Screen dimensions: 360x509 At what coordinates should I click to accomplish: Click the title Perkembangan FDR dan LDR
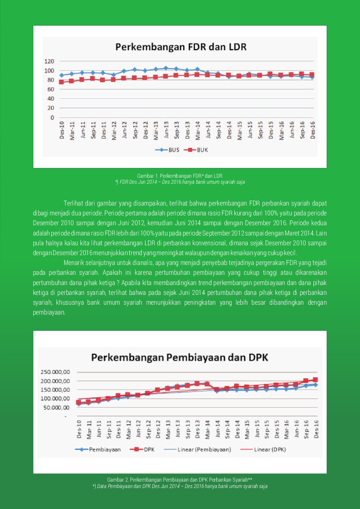[x=181, y=47]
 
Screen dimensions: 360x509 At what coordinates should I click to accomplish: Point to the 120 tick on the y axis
[x=49, y=61]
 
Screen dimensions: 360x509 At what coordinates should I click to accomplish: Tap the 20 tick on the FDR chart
[x=51, y=108]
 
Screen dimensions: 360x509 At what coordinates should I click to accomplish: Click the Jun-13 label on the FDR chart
[x=166, y=130]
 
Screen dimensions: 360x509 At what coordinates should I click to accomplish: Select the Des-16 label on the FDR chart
[x=313, y=130]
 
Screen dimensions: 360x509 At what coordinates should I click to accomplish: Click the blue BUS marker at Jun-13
[x=166, y=68]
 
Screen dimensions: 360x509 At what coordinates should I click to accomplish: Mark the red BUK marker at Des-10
[x=61, y=82]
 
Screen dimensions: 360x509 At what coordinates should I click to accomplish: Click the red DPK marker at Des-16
[x=315, y=380]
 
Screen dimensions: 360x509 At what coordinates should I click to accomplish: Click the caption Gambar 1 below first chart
[x=180, y=176]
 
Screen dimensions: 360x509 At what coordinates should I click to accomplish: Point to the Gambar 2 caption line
[x=180, y=480]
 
